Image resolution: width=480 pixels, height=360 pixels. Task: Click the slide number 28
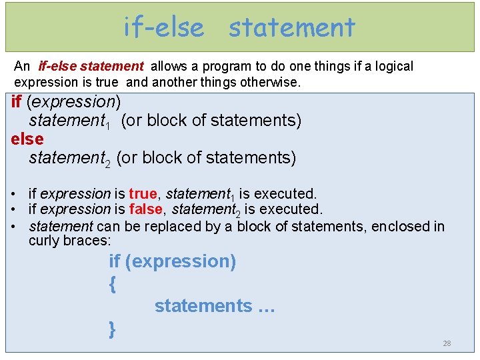coord(447,343)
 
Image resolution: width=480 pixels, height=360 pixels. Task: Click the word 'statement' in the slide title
coord(291,27)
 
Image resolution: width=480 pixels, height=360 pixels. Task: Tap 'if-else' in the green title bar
coord(164,27)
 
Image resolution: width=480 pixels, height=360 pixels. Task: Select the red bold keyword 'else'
coord(27,139)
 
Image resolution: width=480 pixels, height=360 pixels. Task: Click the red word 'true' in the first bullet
coord(143,194)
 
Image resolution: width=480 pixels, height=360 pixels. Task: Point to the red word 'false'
coord(145,210)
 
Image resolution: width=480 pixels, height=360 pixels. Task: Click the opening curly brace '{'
coord(112,284)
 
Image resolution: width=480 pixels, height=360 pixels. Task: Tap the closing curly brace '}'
coord(112,328)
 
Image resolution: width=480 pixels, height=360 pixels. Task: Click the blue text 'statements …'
coord(215,306)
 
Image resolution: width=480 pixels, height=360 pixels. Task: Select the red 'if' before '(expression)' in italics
coord(17,102)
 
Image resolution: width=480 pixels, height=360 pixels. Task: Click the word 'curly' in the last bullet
coord(44,240)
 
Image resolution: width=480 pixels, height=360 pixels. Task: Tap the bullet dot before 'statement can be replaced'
coord(14,227)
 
